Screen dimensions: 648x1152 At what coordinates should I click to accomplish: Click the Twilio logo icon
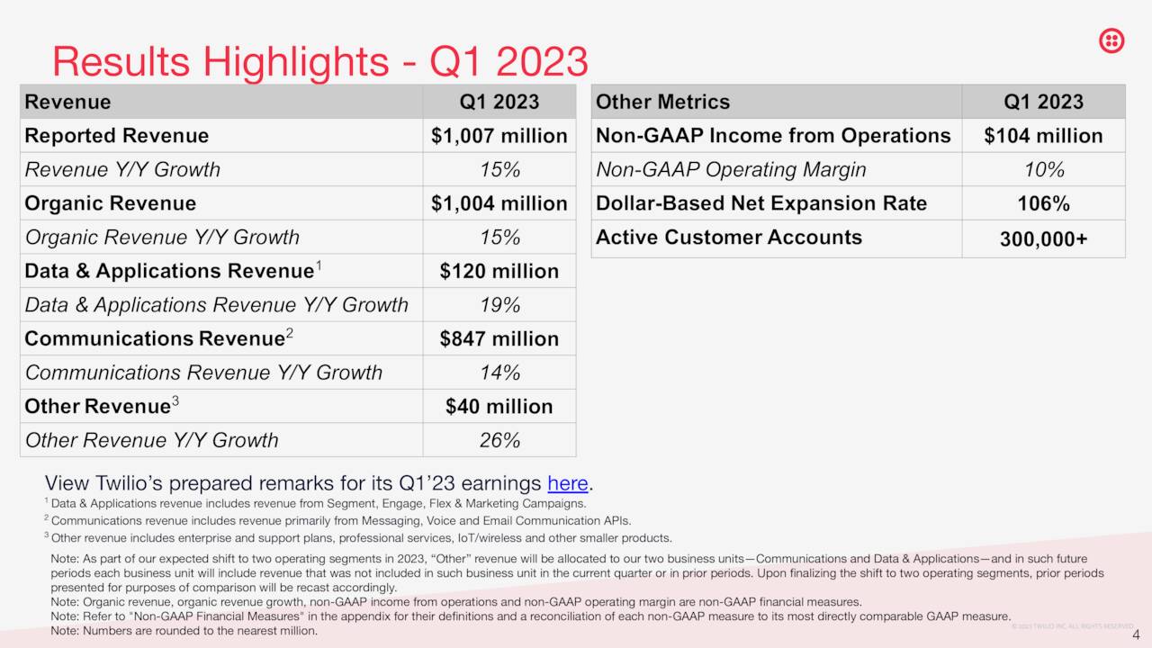(x=1111, y=40)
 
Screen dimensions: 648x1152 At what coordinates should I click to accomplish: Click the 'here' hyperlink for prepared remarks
(x=567, y=483)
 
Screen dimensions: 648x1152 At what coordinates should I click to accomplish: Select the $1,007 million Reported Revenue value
(x=499, y=136)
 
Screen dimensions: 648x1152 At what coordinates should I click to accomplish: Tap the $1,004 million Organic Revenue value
(x=499, y=203)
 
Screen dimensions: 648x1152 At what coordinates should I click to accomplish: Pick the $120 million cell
(x=499, y=271)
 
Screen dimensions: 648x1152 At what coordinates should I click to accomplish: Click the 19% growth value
(x=499, y=305)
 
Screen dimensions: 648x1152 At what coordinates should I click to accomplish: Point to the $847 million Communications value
(x=499, y=338)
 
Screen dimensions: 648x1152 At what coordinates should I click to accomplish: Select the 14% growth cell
(x=499, y=373)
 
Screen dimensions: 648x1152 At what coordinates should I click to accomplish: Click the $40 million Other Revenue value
(x=499, y=406)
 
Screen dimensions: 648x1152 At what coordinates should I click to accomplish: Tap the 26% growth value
(x=499, y=440)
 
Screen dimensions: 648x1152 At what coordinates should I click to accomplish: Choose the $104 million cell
(x=1043, y=136)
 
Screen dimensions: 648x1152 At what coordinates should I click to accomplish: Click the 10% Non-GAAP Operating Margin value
(x=1043, y=170)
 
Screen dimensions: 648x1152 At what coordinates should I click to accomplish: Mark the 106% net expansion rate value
(x=1043, y=203)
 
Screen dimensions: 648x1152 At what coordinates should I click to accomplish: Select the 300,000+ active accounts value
(x=1043, y=239)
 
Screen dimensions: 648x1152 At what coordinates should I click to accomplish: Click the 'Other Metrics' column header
(x=662, y=102)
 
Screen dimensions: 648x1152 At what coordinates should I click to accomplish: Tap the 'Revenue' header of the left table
(x=67, y=102)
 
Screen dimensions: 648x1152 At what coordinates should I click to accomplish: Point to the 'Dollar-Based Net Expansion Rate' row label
(x=760, y=203)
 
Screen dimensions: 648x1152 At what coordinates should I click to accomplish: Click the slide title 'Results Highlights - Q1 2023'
(x=319, y=61)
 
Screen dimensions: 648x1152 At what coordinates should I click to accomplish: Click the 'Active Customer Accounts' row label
(x=728, y=238)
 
